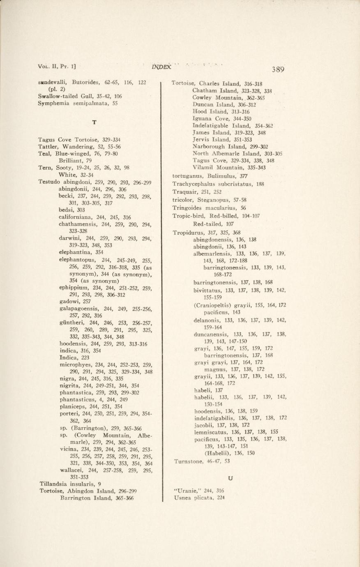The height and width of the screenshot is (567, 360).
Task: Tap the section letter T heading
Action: coord(95,122)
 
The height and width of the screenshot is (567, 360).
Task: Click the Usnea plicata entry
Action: coord(199,498)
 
